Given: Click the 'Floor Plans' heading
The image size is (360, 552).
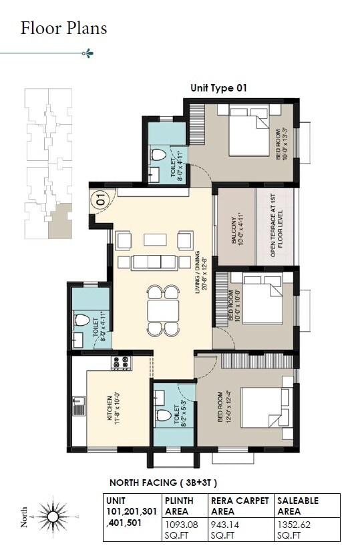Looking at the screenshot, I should click(x=63, y=29).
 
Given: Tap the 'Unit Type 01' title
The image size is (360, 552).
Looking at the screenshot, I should click(x=220, y=88).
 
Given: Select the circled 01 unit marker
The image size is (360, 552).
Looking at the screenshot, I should click(x=100, y=198).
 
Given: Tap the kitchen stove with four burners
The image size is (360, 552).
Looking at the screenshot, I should click(x=122, y=364).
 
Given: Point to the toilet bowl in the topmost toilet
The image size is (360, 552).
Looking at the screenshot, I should click(x=158, y=155).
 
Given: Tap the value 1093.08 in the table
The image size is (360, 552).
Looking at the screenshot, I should click(x=181, y=525).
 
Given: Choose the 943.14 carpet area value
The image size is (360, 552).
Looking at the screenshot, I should click(x=226, y=525).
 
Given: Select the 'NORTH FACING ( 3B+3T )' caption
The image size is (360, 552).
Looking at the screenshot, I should click(x=163, y=482).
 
